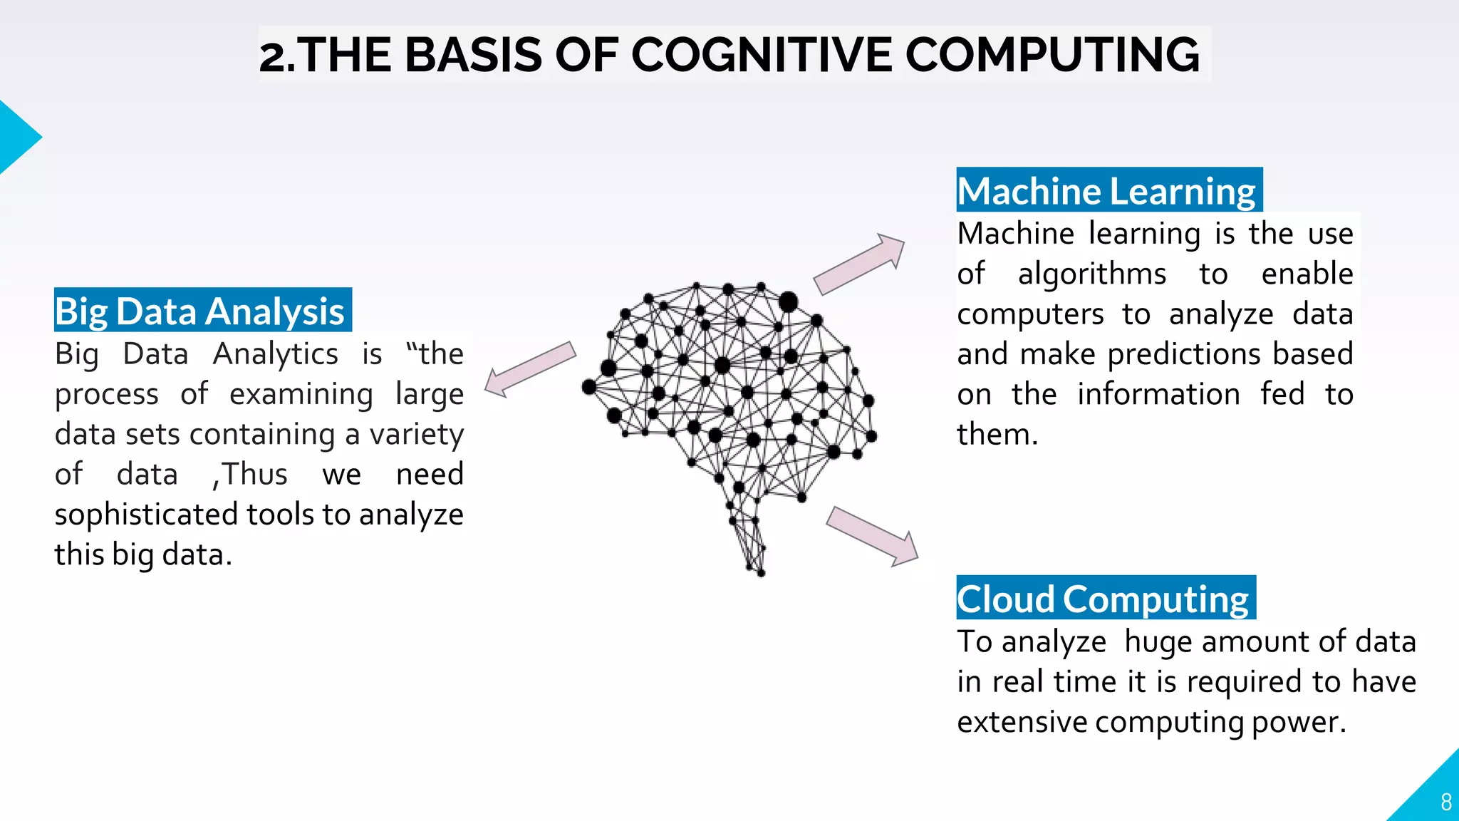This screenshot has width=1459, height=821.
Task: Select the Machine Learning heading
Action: (x=1108, y=191)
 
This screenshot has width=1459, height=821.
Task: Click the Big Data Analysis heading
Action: (x=201, y=311)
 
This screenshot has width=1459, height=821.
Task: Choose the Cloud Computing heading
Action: (x=1104, y=599)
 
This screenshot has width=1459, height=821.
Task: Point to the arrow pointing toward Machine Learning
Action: (x=859, y=264)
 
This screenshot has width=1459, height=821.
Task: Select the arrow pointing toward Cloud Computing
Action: (x=873, y=536)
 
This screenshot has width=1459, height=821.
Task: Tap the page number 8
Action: (x=1445, y=802)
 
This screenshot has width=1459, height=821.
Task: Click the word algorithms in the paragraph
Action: (x=1091, y=274)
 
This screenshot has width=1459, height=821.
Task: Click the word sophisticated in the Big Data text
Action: (x=146, y=515)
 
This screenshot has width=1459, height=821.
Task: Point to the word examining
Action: (x=301, y=395)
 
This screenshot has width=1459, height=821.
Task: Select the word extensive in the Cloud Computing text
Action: (x=1022, y=722)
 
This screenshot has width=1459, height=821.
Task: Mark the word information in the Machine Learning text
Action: (x=1158, y=395)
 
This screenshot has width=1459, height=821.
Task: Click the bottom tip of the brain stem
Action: (x=760, y=573)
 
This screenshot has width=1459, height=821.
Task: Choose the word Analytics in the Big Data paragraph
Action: (x=276, y=354)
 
